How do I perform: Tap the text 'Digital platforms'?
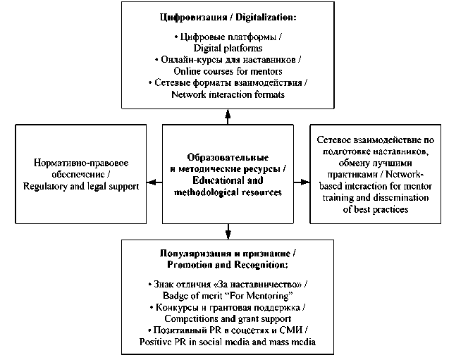tap(228, 48)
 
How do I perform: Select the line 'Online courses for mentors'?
tap(228, 72)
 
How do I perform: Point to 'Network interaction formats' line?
tap(228, 95)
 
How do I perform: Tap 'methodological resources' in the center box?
tap(227, 191)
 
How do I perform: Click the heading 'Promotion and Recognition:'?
tap(228, 263)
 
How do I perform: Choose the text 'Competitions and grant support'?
tap(228, 319)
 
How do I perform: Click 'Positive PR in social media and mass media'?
tap(228, 342)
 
